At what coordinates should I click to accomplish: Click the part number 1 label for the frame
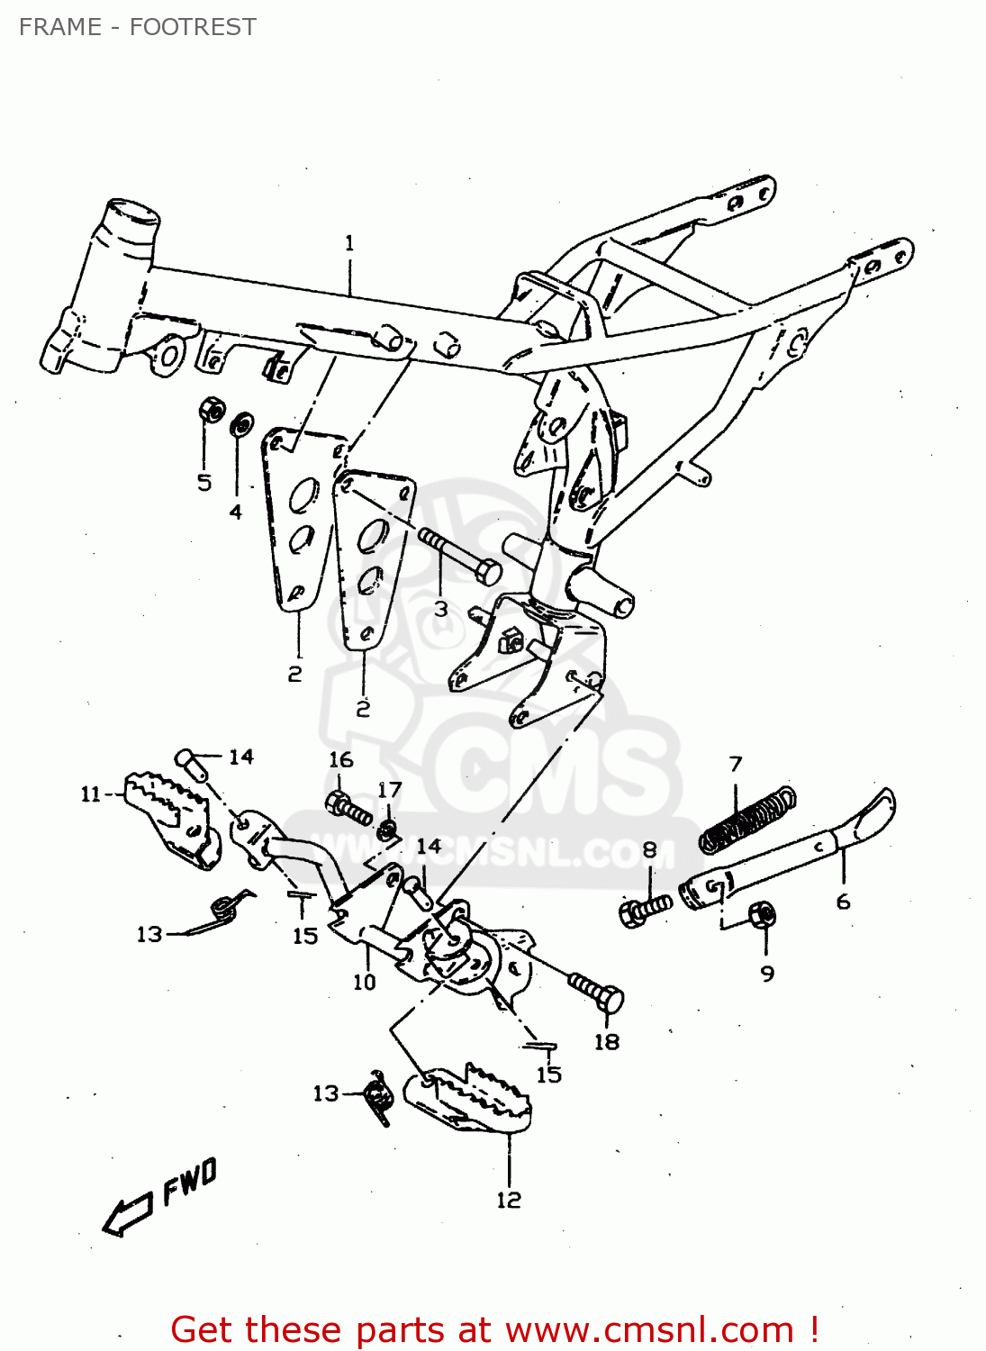[x=349, y=243]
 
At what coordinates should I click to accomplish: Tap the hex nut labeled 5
[x=210, y=411]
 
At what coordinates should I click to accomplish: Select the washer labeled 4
[x=241, y=423]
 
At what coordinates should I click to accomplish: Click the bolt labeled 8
[x=645, y=910]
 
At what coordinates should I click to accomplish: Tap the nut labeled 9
[x=763, y=915]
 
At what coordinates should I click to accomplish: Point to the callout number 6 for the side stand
[x=843, y=902]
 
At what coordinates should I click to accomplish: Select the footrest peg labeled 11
[x=169, y=813]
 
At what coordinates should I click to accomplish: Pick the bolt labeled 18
[x=596, y=993]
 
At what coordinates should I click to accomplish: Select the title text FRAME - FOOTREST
[x=137, y=27]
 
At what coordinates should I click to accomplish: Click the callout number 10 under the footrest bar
[x=364, y=982]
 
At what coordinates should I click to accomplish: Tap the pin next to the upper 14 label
[x=191, y=764]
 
